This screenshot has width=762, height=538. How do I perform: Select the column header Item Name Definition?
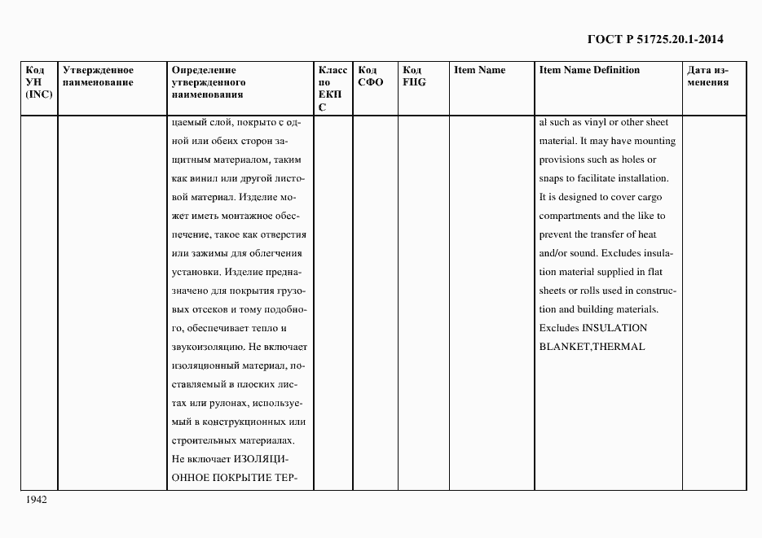(x=589, y=70)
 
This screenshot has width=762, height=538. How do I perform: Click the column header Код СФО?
(x=370, y=76)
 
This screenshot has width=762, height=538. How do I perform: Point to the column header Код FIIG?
(x=415, y=76)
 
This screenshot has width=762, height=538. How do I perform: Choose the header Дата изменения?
(x=707, y=76)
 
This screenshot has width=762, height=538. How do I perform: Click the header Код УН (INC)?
(x=39, y=82)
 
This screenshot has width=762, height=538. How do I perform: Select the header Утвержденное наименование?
(x=98, y=76)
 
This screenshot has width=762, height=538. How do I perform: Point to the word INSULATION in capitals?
(x=614, y=328)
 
